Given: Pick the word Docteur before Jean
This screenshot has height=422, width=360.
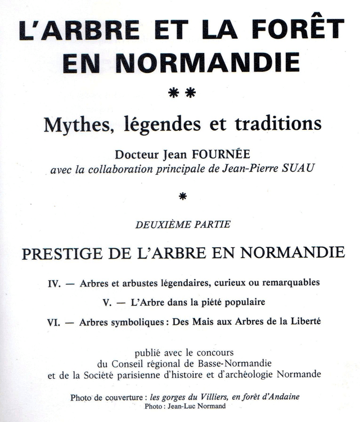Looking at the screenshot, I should pos(137,153).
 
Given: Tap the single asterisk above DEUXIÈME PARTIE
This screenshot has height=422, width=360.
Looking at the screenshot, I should pos(182,197).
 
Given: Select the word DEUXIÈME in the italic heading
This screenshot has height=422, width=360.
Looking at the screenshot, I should pos(161,225).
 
